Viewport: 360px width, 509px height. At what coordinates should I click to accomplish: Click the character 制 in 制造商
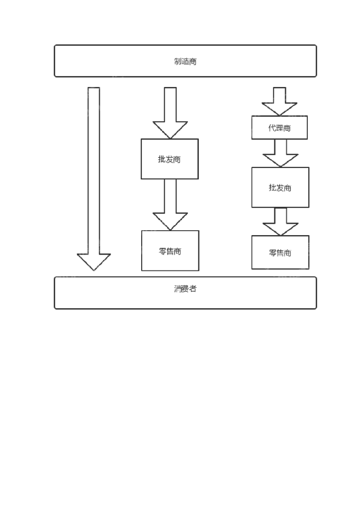[178, 62]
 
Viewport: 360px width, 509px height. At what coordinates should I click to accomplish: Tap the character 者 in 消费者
[193, 289]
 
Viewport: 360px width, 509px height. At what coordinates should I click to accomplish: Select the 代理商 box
[279, 128]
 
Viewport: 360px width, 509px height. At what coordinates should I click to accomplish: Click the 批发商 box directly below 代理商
[280, 187]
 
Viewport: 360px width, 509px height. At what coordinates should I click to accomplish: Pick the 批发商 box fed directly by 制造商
[170, 159]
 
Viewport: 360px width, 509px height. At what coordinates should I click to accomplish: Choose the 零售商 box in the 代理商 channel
[280, 253]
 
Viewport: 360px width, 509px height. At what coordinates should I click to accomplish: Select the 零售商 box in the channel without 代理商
[170, 251]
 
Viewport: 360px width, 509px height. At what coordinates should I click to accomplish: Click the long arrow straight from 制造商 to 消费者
[94, 174]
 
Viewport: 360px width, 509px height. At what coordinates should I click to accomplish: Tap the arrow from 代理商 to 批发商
[280, 152]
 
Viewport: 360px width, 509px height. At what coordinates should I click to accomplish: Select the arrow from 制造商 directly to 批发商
[170, 112]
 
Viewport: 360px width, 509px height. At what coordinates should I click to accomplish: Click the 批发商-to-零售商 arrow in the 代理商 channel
[280, 221]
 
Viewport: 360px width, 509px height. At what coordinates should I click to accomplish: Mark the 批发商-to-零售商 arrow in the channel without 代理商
[170, 204]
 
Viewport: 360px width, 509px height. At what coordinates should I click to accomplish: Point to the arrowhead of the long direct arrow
[94, 261]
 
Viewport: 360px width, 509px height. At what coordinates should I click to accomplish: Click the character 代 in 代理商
[272, 128]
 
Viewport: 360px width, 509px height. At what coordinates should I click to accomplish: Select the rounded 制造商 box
[185, 61]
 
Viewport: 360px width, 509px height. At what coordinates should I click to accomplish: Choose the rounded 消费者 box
[185, 293]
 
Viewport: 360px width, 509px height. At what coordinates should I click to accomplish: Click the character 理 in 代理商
[279, 128]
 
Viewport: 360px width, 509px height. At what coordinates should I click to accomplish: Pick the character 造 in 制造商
[185, 62]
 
